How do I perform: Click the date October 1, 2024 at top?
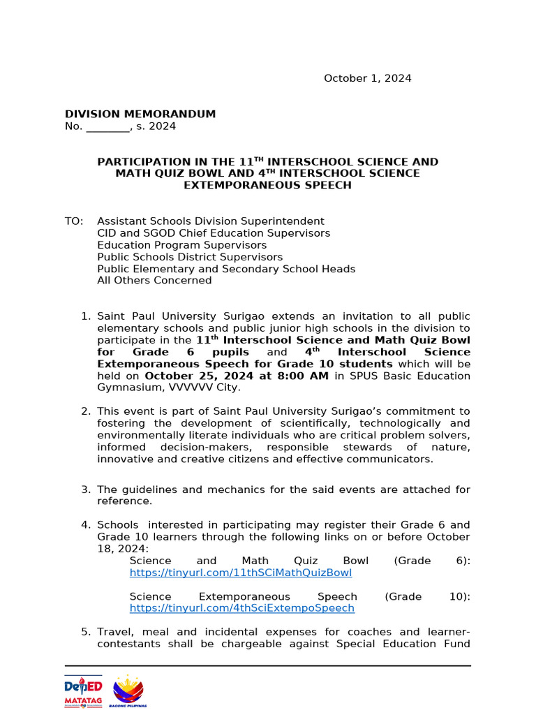click(367, 78)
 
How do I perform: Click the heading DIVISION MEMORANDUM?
click(140, 114)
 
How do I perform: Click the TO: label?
click(73, 221)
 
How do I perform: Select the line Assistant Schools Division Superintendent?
click(210, 221)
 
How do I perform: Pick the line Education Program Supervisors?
click(181, 245)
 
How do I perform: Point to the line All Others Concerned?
click(154, 281)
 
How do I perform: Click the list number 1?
click(85, 316)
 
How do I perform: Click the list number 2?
click(85, 411)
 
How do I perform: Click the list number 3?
click(85, 489)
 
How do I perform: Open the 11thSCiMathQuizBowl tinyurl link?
click(241, 573)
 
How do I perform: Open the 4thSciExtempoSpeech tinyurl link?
click(242, 608)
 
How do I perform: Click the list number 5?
click(85, 632)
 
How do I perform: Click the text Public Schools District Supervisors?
click(190, 257)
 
